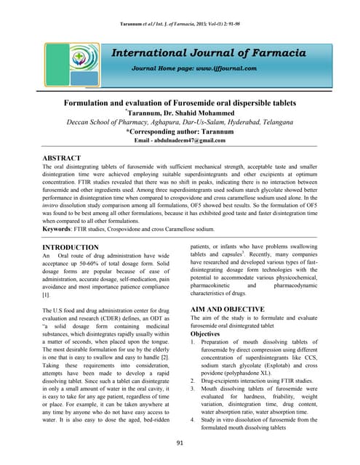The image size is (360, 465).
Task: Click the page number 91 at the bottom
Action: tap(180, 442)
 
